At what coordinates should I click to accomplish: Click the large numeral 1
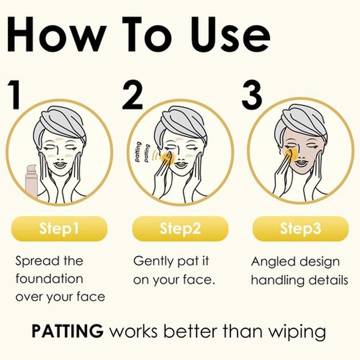pos(14,94)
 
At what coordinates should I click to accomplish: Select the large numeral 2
pos(132,94)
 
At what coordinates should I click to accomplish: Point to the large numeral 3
pos(252,94)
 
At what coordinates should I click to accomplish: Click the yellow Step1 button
pos(59,229)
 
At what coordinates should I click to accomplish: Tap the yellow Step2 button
pos(180,229)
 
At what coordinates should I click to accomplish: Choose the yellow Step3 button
pos(301,229)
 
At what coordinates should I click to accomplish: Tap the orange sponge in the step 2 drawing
pos(168,158)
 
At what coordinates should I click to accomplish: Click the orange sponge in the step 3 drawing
pos(291,154)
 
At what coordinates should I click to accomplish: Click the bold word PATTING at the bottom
pos(67,331)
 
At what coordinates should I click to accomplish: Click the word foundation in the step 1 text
pos(49,279)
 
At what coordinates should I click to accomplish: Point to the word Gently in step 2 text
pos(153,262)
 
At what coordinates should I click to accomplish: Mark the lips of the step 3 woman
pos(301,163)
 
